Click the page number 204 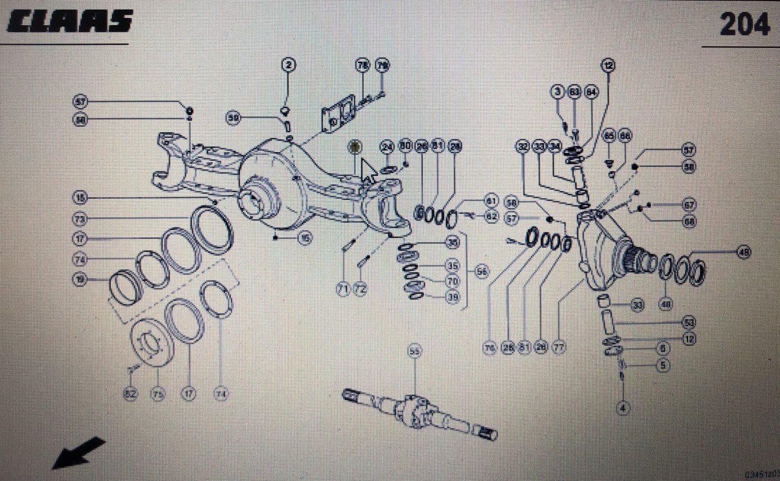pos(744,25)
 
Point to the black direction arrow pos(78,452)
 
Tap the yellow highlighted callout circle pos(356,146)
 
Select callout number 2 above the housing pos(289,64)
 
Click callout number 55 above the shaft pos(414,351)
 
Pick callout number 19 pos(80,279)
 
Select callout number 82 pos(130,394)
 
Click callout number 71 pos(343,289)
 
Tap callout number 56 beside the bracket pos(482,271)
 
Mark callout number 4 pos(623,408)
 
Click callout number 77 pos(558,347)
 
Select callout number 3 pos(558,92)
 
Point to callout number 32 pos(523,146)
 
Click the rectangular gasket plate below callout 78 pos(338,117)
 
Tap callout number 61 pos(492,200)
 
